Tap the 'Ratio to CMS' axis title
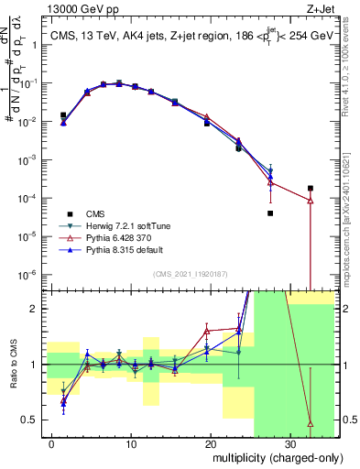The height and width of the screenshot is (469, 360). click(12, 364)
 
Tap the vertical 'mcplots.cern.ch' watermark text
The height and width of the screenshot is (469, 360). click(351, 220)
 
